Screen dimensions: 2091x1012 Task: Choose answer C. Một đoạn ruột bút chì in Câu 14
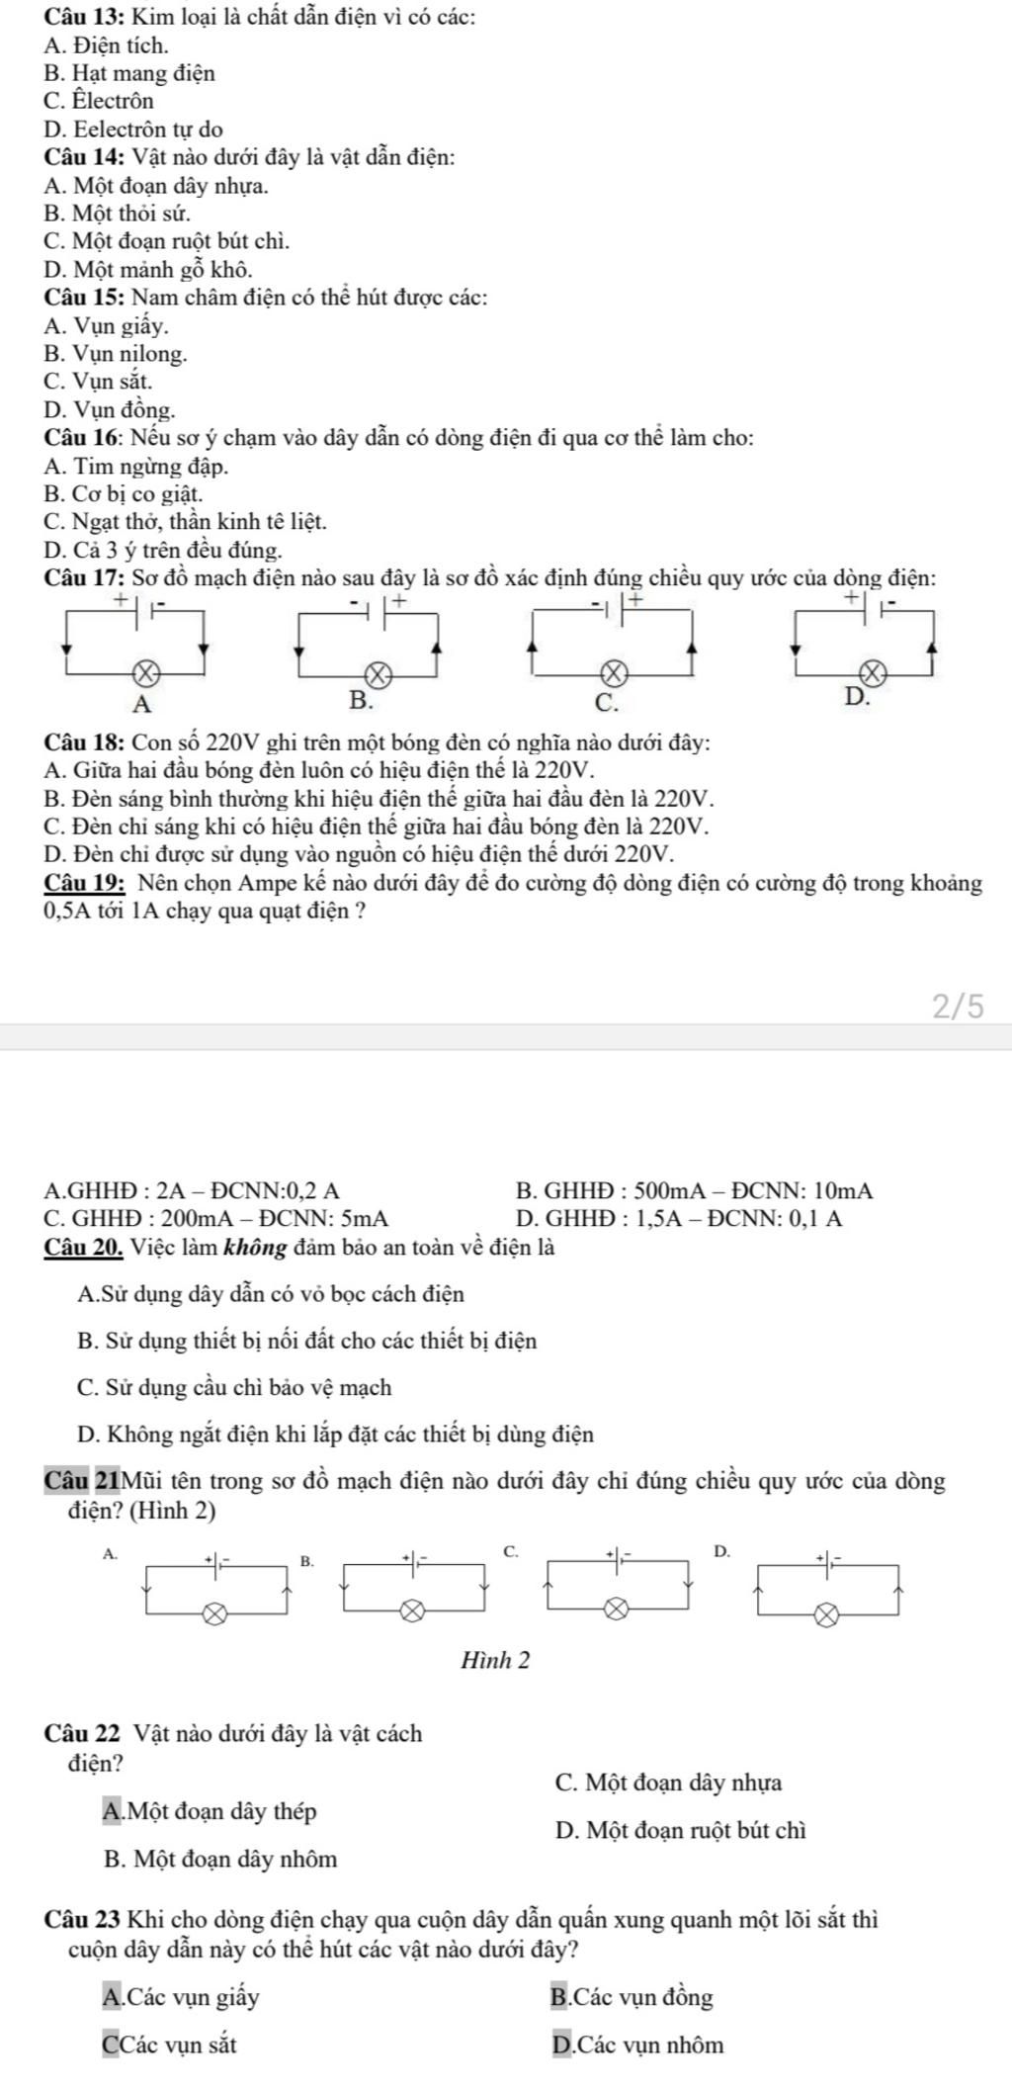pos(167,240)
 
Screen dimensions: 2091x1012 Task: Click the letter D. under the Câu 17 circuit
pos(858,698)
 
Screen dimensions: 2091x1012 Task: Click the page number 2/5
pos(958,1005)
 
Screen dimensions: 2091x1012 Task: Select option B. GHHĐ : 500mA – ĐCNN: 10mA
pos(695,1191)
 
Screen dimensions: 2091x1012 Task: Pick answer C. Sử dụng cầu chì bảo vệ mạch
pos(233,1388)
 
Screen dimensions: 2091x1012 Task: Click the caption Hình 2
pos(495,1660)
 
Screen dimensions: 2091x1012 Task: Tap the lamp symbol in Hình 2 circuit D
pos(828,1615)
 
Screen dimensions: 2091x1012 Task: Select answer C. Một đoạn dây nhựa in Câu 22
pos(669,1783)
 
